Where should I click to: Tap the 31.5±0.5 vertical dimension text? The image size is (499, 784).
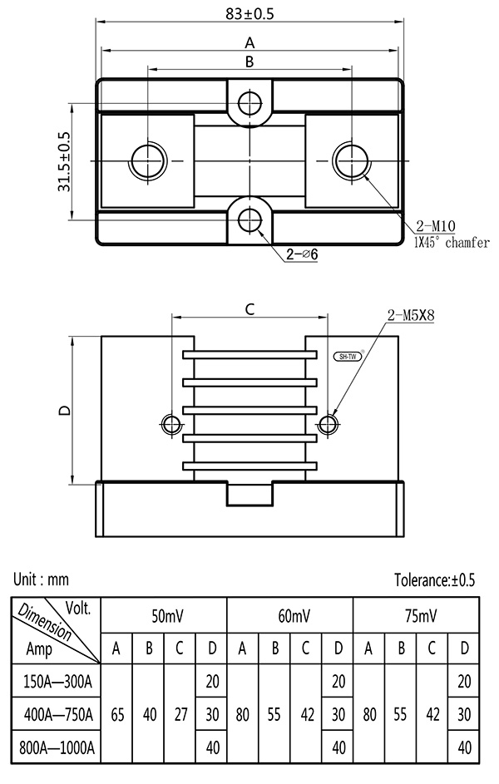tap(64, 162)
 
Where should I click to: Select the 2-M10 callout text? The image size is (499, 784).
tap(436, 224)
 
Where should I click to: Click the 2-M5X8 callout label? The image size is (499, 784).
tap(411, 315)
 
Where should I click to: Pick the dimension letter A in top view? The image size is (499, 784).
tap(249, 42)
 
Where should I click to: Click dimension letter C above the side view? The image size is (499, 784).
tap(249, 309)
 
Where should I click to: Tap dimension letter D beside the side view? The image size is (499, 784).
tap(64, 410)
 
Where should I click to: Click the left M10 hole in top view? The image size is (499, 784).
tap(148, 159)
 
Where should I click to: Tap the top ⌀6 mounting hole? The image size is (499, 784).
tap(249, 103)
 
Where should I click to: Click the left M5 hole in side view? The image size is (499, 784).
tap(170, 424)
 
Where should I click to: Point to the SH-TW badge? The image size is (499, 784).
tap(348, 356)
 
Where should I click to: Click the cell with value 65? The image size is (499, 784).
tap(116, 713)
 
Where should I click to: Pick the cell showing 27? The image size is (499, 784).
tap(180, 713)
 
